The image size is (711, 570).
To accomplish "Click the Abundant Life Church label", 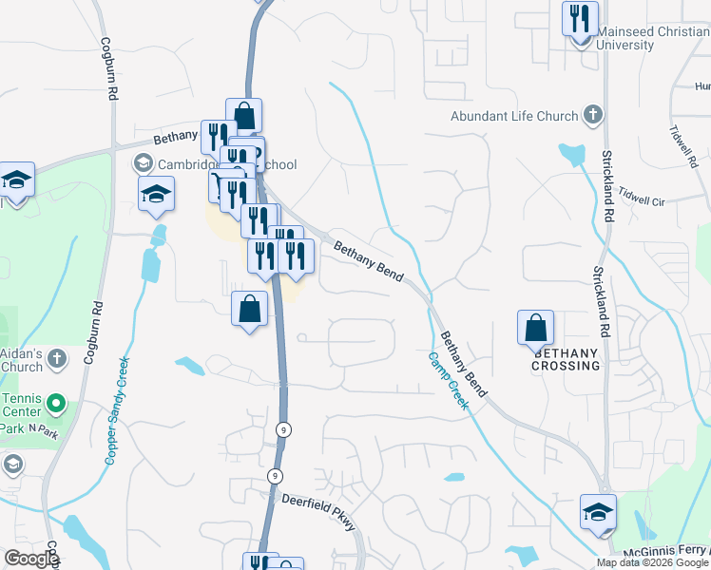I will (x=514, y=116).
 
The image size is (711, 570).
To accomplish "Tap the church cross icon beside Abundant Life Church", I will (x=592, y=116).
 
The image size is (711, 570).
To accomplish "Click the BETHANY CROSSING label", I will (x=567, y=358).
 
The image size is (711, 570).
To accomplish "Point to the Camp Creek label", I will (x=448, y=381).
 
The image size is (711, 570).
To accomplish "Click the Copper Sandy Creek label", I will (x=117, y=410).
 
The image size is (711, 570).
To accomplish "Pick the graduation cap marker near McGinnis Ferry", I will (x=598, y=511).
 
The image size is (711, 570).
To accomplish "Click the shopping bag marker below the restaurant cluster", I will (x=249, y=310).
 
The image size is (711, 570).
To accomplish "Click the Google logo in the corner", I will (x=31, y=560).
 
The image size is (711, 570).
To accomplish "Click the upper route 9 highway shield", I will (x=283, y=429).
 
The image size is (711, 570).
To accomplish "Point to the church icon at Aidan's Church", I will (x=56, y=359).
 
